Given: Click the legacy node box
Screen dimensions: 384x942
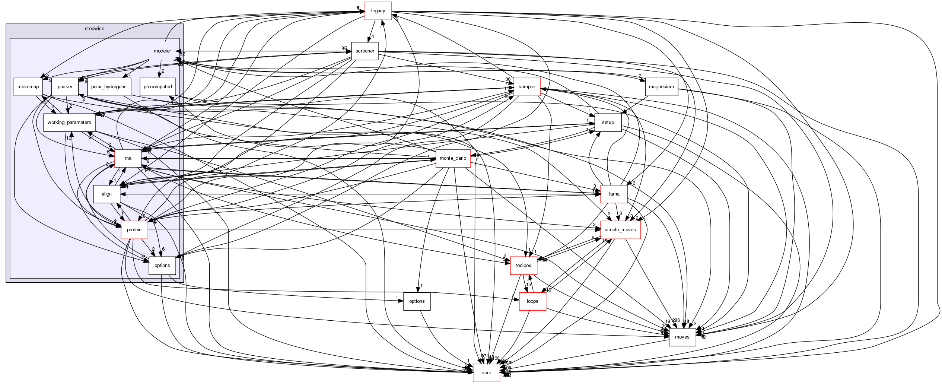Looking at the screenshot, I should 378,11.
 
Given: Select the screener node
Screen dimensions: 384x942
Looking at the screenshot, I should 365,51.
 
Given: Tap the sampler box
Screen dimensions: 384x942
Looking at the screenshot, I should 527,87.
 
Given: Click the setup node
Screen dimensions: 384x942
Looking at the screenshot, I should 608,123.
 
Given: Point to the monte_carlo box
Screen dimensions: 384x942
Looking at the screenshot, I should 453,158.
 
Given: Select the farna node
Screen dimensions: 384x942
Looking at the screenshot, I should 614,194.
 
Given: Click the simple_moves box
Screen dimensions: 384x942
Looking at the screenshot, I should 620,230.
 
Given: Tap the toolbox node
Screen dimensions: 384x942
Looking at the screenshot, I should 523,266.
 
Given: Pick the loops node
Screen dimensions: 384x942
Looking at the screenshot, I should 532,301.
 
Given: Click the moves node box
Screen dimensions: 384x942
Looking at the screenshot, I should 682,337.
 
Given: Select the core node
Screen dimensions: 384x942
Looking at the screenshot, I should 486,373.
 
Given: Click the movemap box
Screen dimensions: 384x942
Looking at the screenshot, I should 28,87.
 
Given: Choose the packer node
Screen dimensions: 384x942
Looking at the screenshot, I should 65,87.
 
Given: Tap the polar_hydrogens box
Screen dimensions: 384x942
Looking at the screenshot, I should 109,87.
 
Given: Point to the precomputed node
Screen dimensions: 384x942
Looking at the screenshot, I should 157,87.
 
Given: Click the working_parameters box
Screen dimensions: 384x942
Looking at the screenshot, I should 69,123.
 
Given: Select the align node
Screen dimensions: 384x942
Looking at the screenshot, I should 106,194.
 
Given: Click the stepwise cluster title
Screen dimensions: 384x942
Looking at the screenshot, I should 95,28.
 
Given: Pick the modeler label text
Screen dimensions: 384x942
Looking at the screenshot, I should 162,51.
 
